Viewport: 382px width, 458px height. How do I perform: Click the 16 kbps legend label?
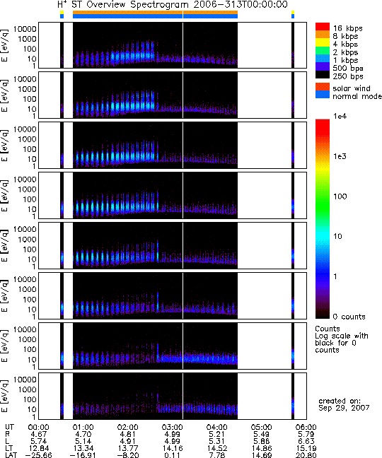348,28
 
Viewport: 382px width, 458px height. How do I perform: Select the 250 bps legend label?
348,76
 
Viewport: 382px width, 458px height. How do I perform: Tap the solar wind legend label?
352,88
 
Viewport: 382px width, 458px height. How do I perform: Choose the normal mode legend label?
357,96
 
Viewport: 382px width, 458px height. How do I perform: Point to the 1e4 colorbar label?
340,116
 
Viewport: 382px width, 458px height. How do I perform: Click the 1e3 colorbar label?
340,156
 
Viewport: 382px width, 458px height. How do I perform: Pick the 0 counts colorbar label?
349,317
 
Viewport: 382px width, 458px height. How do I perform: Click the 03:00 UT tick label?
173,428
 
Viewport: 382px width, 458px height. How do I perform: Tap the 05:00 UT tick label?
261,428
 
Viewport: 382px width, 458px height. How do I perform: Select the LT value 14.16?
173,448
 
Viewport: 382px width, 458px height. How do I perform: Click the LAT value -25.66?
38,455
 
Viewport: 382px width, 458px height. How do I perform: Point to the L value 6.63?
306,441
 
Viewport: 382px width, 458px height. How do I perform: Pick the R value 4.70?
83,434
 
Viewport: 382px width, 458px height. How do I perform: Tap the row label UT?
9,428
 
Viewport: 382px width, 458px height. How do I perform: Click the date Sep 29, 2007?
344,408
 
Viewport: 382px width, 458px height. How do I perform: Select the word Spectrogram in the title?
159,5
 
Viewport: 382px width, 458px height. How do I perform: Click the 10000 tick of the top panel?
25,29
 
